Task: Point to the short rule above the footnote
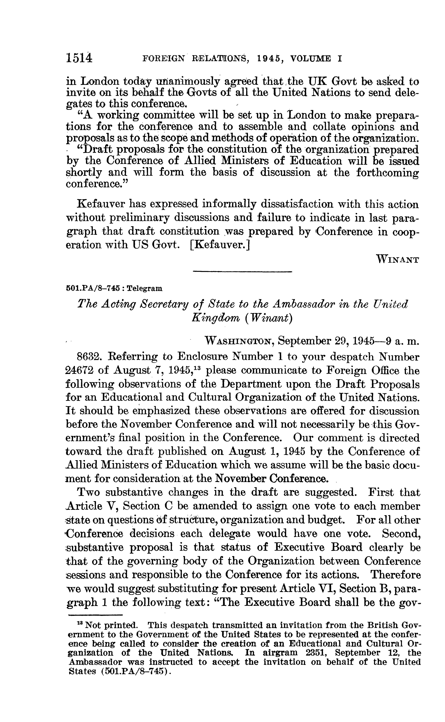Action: [x=95, y=615]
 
